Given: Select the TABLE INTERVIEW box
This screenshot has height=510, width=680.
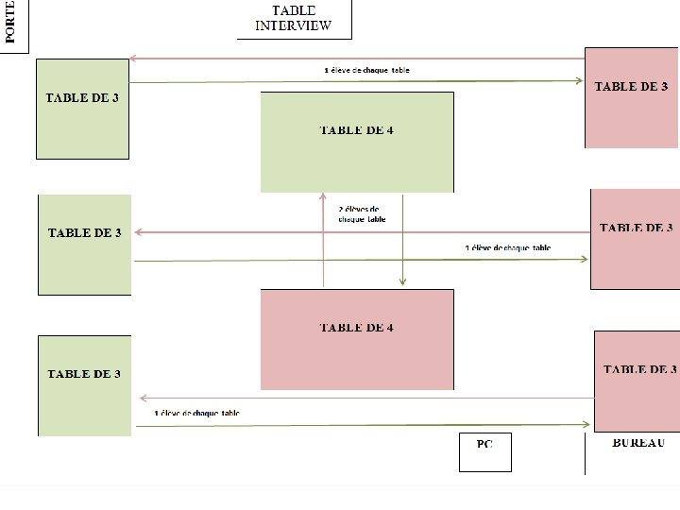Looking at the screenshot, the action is (294, 19).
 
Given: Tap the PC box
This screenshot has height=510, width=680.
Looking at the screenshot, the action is (484, 452).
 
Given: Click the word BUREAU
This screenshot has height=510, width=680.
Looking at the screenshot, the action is (638, 443).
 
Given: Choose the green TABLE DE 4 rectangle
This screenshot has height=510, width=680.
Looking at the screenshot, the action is (357, 142).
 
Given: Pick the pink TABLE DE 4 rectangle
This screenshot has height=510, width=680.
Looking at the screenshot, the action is (357, 339).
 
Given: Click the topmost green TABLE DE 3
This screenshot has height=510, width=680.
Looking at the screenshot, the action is (82, 109).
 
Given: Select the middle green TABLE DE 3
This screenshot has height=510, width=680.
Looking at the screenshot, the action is (84, 245).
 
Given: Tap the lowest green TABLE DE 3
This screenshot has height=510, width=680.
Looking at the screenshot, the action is (84, 385).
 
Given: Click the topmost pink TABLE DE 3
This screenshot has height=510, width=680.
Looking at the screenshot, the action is (631, 97).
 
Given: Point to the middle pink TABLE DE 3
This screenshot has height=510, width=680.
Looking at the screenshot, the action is (635, 239).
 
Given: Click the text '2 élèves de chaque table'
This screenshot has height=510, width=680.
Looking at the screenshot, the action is (362, 214).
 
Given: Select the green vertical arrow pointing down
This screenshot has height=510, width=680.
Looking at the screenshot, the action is (403, 240).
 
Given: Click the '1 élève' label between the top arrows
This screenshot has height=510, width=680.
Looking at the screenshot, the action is (366, 71).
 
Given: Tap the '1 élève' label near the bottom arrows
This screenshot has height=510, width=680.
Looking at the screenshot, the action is (196, 414).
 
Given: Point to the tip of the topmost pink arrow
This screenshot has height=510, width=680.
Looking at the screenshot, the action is (132, 59).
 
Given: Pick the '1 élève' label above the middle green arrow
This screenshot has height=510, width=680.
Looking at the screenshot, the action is (507, 248).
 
